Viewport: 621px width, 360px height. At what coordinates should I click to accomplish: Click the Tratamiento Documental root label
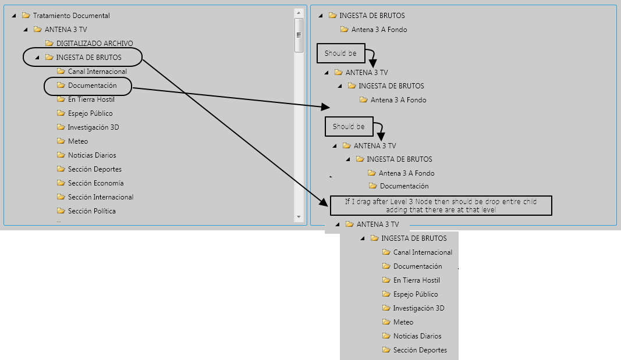71,16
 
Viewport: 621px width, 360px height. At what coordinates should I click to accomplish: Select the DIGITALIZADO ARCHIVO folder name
95,44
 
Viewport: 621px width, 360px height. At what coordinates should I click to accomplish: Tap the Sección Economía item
96,183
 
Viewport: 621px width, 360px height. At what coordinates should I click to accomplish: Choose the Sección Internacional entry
101,197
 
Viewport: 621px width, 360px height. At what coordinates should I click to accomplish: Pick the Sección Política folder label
92,211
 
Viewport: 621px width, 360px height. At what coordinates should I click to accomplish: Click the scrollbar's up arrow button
299,13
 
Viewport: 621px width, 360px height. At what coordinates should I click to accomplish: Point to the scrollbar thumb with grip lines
299,35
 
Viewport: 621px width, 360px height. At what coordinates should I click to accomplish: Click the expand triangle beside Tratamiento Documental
14,16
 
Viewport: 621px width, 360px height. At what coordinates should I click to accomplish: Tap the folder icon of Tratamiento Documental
26,16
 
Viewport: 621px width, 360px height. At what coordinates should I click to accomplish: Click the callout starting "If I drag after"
441,206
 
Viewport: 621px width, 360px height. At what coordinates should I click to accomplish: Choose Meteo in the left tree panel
78,141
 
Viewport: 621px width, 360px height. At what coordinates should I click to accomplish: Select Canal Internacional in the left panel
97,72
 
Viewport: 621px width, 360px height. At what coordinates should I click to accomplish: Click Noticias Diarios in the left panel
92,155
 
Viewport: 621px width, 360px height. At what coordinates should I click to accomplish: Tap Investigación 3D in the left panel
94,127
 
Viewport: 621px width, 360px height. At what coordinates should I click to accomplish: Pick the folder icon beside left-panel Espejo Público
61,113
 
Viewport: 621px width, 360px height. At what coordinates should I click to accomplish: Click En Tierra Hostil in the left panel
91,99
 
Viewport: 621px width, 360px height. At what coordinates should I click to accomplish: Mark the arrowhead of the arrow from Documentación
325,107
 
